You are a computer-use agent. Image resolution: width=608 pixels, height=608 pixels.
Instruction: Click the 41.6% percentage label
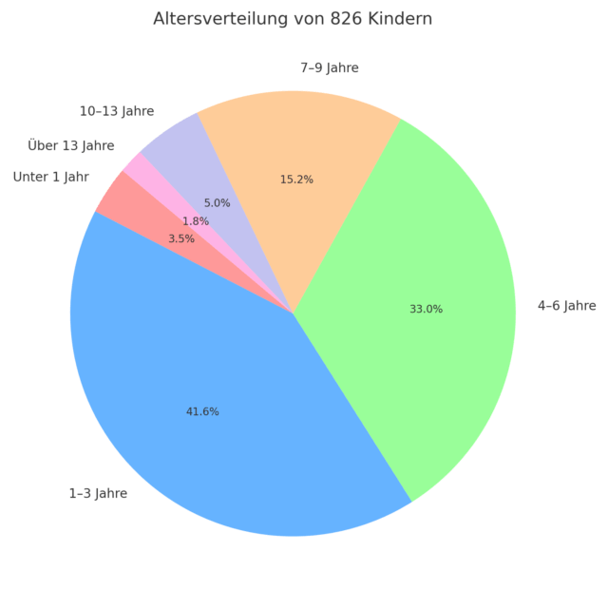click(x=201, y=411)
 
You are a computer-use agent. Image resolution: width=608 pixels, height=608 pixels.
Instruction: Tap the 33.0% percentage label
click(x=426, y=309)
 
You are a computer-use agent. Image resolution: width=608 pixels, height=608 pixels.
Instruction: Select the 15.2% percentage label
click(x=296, y=179)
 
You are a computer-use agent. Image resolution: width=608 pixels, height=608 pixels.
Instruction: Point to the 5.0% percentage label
click(x=218, y=202)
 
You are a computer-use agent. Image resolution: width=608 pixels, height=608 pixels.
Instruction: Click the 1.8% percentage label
click(x=196, y=221)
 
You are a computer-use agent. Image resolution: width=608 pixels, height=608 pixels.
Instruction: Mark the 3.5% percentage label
click(x=181, y=238)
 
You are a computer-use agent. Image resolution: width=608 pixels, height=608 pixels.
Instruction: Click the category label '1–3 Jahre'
click(x=98, y=493)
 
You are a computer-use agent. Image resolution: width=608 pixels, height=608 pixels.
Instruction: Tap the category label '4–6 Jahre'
click(x=567, y=305)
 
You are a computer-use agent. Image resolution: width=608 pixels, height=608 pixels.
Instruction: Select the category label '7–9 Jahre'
click(x=330, y=67)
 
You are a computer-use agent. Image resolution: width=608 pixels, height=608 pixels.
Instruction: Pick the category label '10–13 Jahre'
click(x=117, y=111)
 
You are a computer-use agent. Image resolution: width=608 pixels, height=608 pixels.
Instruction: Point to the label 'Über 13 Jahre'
click(x=71, y=145)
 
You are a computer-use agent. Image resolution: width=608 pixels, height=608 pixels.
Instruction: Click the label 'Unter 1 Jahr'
click(x=51, y=177)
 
